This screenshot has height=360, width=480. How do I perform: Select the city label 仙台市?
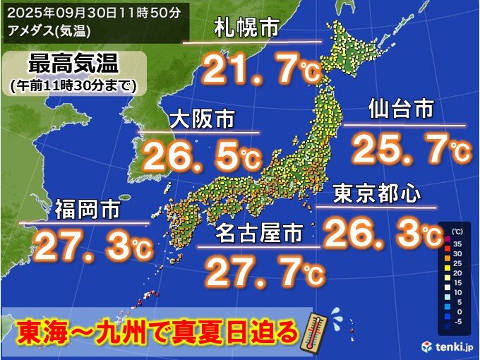pos(400,110)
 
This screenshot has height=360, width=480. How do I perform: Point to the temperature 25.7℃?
pos(410,149)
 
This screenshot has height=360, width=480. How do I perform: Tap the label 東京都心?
pos(376,193)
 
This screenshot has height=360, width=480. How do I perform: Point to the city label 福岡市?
pos(87,210)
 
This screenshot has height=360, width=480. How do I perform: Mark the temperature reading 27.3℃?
pos(92,247)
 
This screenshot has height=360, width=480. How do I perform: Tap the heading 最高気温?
pos(72,64)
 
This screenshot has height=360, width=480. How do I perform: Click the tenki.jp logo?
pos(450,347)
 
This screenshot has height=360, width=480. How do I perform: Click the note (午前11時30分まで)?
pos(73,85)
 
